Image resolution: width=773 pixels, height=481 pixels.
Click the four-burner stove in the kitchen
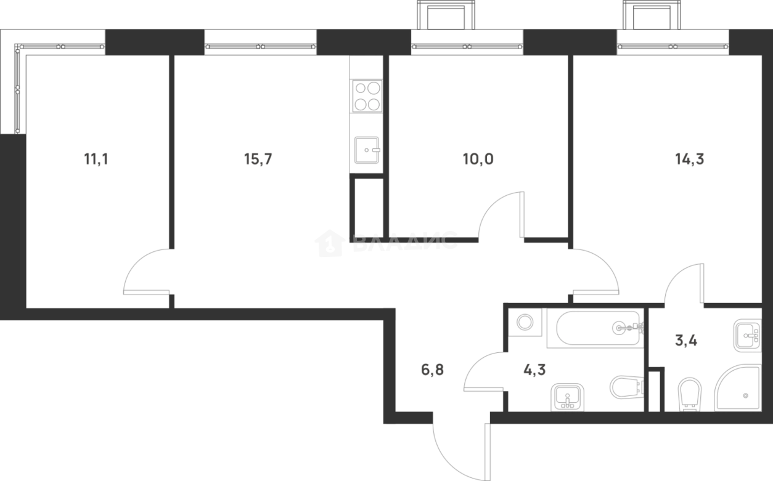click(x=367, y=96)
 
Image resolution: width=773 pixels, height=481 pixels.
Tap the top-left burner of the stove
click(x=359, y=89)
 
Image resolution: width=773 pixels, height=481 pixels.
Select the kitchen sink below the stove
click(x=367, y=150)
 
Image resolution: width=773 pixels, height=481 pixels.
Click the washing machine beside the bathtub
click(x=525, y=323)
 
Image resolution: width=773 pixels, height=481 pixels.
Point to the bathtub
click(x=595, y=328)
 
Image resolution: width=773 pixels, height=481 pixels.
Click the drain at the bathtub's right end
click(x=619, y=328)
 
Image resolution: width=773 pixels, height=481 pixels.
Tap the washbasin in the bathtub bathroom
click(x=567, y=397)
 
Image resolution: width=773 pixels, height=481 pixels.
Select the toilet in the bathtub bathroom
click(x=625, y=387)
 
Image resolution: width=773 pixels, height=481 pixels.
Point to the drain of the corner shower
click(x=745, y=395)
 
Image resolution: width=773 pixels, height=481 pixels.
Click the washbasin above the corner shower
click(x=746, y=335)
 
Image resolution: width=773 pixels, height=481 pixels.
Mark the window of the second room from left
click(x=260, y=42)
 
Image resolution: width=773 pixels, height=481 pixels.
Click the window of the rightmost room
click(x=673, y=42)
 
